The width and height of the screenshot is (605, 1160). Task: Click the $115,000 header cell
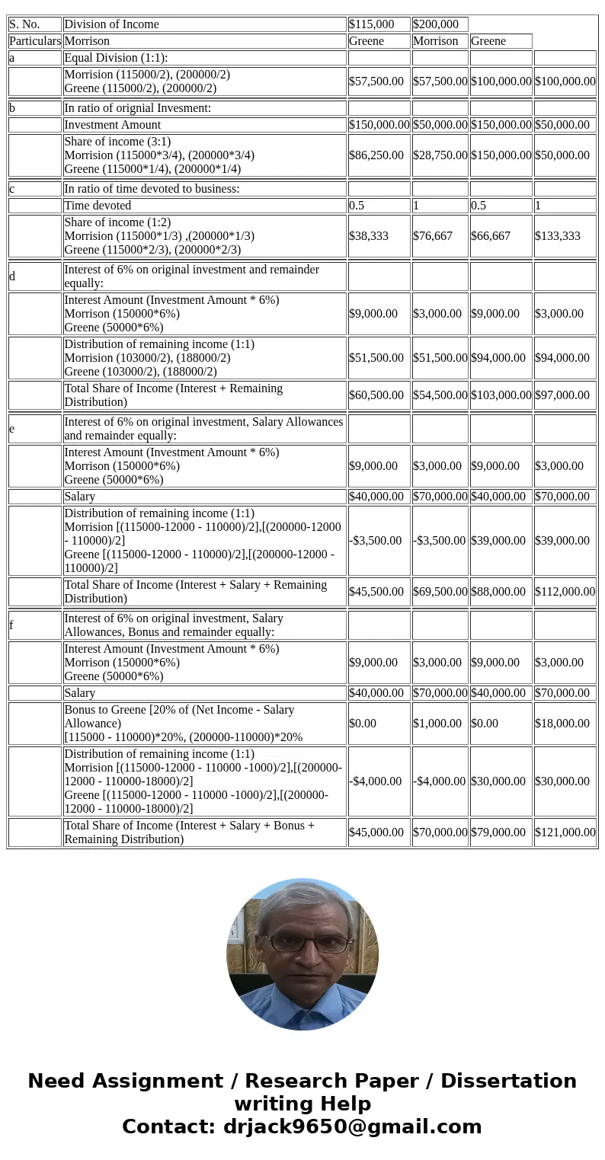click(379, 24)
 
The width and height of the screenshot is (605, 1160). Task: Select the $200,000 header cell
click(439, 24)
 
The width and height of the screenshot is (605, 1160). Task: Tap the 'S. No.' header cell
click(34, 24)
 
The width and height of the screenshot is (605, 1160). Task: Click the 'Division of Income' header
click(204, 24)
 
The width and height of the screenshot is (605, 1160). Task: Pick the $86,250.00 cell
click(379, 155)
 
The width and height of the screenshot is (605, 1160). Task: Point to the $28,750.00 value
click(440, 155)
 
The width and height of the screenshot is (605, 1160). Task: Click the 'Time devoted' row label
click(204, 206)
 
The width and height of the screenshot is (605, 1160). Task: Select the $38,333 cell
click(379, 236)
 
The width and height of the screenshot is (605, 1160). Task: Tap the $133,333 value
click(565, 236)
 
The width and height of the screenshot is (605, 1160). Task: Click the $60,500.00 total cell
click(379, 395)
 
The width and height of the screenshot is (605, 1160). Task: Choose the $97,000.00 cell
click(565, 395)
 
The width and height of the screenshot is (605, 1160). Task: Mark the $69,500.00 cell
click(440, 592)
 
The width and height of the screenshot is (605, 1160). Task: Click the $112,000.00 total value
click(565, 592)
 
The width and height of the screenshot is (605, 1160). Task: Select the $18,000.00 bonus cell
click(565, 724)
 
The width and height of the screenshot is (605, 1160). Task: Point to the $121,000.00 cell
click(565, 832)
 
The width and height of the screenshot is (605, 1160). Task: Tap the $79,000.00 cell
click(501, 832)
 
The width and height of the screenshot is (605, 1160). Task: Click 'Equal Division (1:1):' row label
click(204, 58)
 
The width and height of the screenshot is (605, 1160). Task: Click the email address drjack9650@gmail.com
click(352, 1127)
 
